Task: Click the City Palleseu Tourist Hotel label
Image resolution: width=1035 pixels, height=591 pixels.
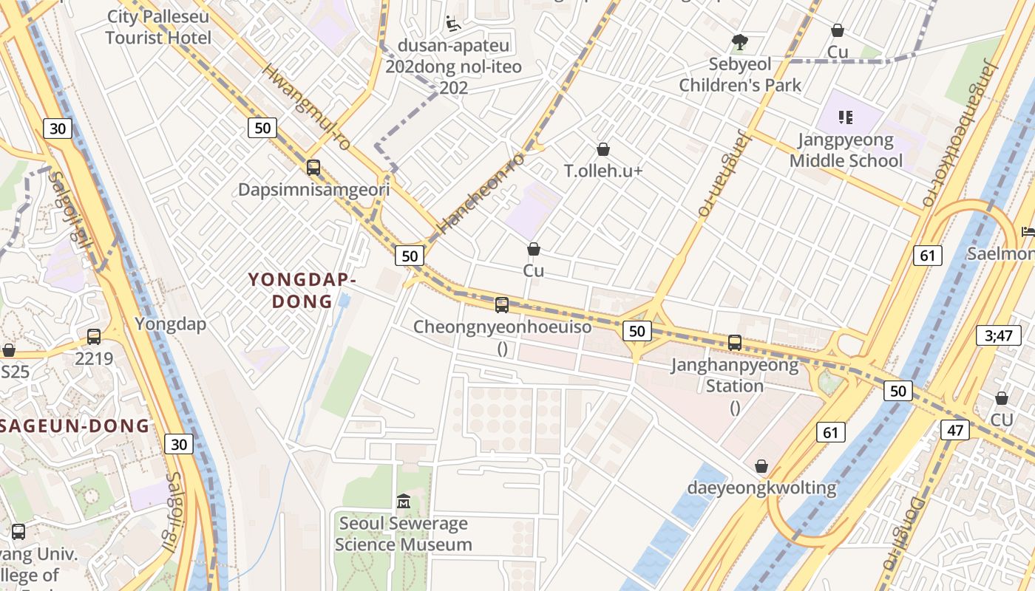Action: point(158,27)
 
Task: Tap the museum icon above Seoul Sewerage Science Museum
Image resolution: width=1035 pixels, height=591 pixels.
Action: point(404,502)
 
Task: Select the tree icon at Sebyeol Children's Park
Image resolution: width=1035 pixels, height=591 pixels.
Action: point(739,41)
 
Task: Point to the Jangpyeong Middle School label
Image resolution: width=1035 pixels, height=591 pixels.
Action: point(846,150)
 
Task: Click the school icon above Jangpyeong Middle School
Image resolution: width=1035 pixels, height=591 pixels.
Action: point(846,117)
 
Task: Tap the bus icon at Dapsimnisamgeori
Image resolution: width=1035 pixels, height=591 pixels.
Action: point(313,168)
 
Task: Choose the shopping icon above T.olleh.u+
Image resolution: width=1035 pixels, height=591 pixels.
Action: point(603,149)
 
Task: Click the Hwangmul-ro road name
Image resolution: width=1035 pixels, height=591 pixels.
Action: point(305,108)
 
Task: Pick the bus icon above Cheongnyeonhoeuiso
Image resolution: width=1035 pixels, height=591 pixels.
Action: point(502,304)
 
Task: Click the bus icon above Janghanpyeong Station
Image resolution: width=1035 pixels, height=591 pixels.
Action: point(734,343)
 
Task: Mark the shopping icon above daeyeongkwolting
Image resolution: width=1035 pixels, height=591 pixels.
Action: point(761,467)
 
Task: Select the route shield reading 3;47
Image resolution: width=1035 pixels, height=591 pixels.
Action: point(998,335)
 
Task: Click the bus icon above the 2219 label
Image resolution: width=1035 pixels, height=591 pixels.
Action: point(94,337)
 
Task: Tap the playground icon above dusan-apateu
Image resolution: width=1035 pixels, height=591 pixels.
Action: point(453,24)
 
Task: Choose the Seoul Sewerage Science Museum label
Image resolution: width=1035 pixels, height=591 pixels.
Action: point(404,534)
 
